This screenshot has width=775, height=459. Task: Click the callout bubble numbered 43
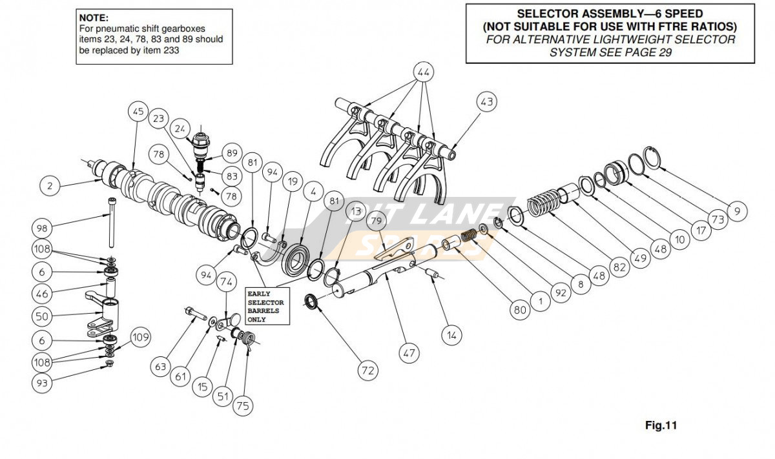tap(486, 101)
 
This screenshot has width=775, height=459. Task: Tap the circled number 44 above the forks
tap(423, 72)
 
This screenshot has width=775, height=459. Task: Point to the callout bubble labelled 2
tap(49, 186)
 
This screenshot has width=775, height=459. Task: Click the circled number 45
tap(138, 111)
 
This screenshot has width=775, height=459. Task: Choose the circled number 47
tap(409, 352)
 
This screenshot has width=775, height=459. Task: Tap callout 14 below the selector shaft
tap(453, 335)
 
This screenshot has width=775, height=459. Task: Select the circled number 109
tap(140, 336)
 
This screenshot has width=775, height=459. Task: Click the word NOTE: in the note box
tap(94, 17)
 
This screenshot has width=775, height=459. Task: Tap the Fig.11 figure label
tap(661, 425)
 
